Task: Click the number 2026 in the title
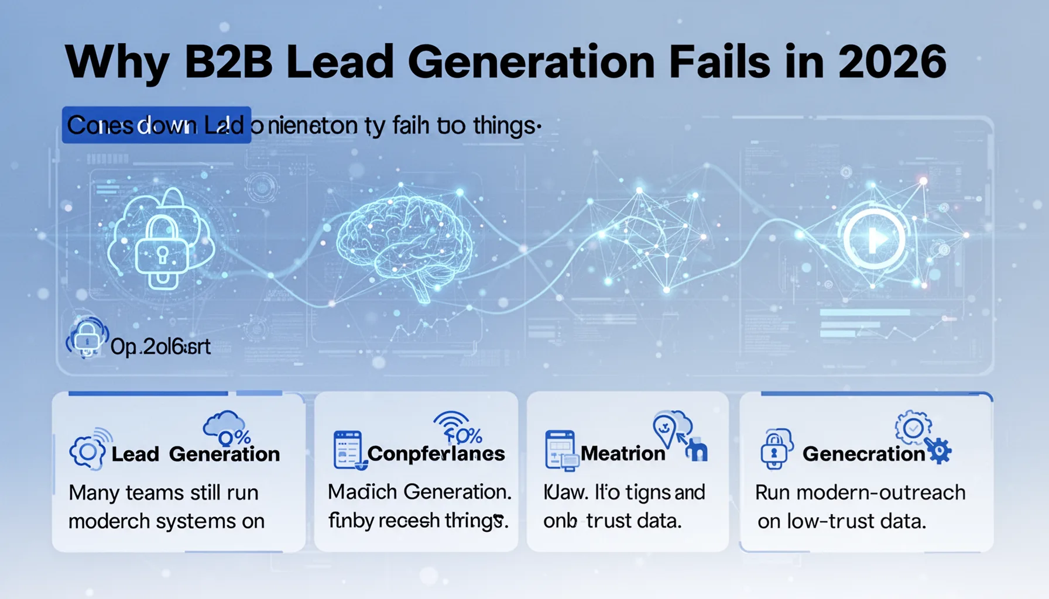click(x=892, y=62)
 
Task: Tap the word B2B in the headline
click(x=228, y=62)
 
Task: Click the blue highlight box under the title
click(x=156, y=125)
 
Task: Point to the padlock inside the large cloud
click(x=162, y=253)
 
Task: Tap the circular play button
click(x=874, y=239)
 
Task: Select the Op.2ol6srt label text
click(x=160, y=347)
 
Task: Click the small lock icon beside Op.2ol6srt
click(x=87, y=338)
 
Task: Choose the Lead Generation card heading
click(x=196, y=454)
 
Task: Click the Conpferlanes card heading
click(x=436, y=453)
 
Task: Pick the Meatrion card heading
click(x=623, y=453)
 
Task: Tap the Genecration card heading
click(x=863, y=454)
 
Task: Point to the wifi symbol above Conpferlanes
click(x=451, y=422)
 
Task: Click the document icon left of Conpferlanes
click(x=348, y=450)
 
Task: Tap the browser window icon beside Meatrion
click(x=560, y=449)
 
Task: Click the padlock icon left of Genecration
click(x=774, y=449)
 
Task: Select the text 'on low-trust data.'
click(x=841, y=521)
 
